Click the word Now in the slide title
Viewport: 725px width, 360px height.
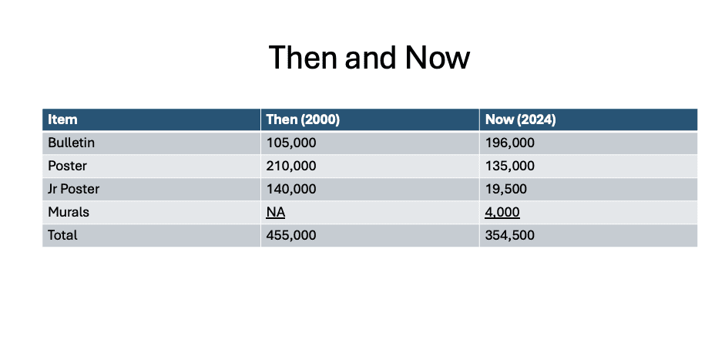[438, 58]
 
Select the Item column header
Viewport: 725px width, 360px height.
[62, 119]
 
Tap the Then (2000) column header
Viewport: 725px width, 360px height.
[303, 119]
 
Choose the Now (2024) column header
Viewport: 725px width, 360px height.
[521, 119]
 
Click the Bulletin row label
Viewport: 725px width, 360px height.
[71, 143]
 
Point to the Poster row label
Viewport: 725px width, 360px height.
[67, 166]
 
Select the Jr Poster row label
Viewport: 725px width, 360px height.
[73, 189]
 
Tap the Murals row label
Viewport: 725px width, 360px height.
[69, 212]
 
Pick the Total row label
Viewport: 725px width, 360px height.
[62, 235]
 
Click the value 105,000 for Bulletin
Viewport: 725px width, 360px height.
[291, 143]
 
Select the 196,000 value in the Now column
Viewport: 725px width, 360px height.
[509, 143]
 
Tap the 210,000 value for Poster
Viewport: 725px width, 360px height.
[291, 166]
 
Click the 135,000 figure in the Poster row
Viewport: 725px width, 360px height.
[509, 166]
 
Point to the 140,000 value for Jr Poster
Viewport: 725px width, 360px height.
[291, 189]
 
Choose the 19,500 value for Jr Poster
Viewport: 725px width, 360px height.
[506, 189]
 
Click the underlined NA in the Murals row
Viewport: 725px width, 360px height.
[276, 212]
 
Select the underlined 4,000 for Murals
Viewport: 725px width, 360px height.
[502, 212]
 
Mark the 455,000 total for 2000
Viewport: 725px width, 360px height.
[291, 235]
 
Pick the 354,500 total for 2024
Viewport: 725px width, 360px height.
[509, 235]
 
